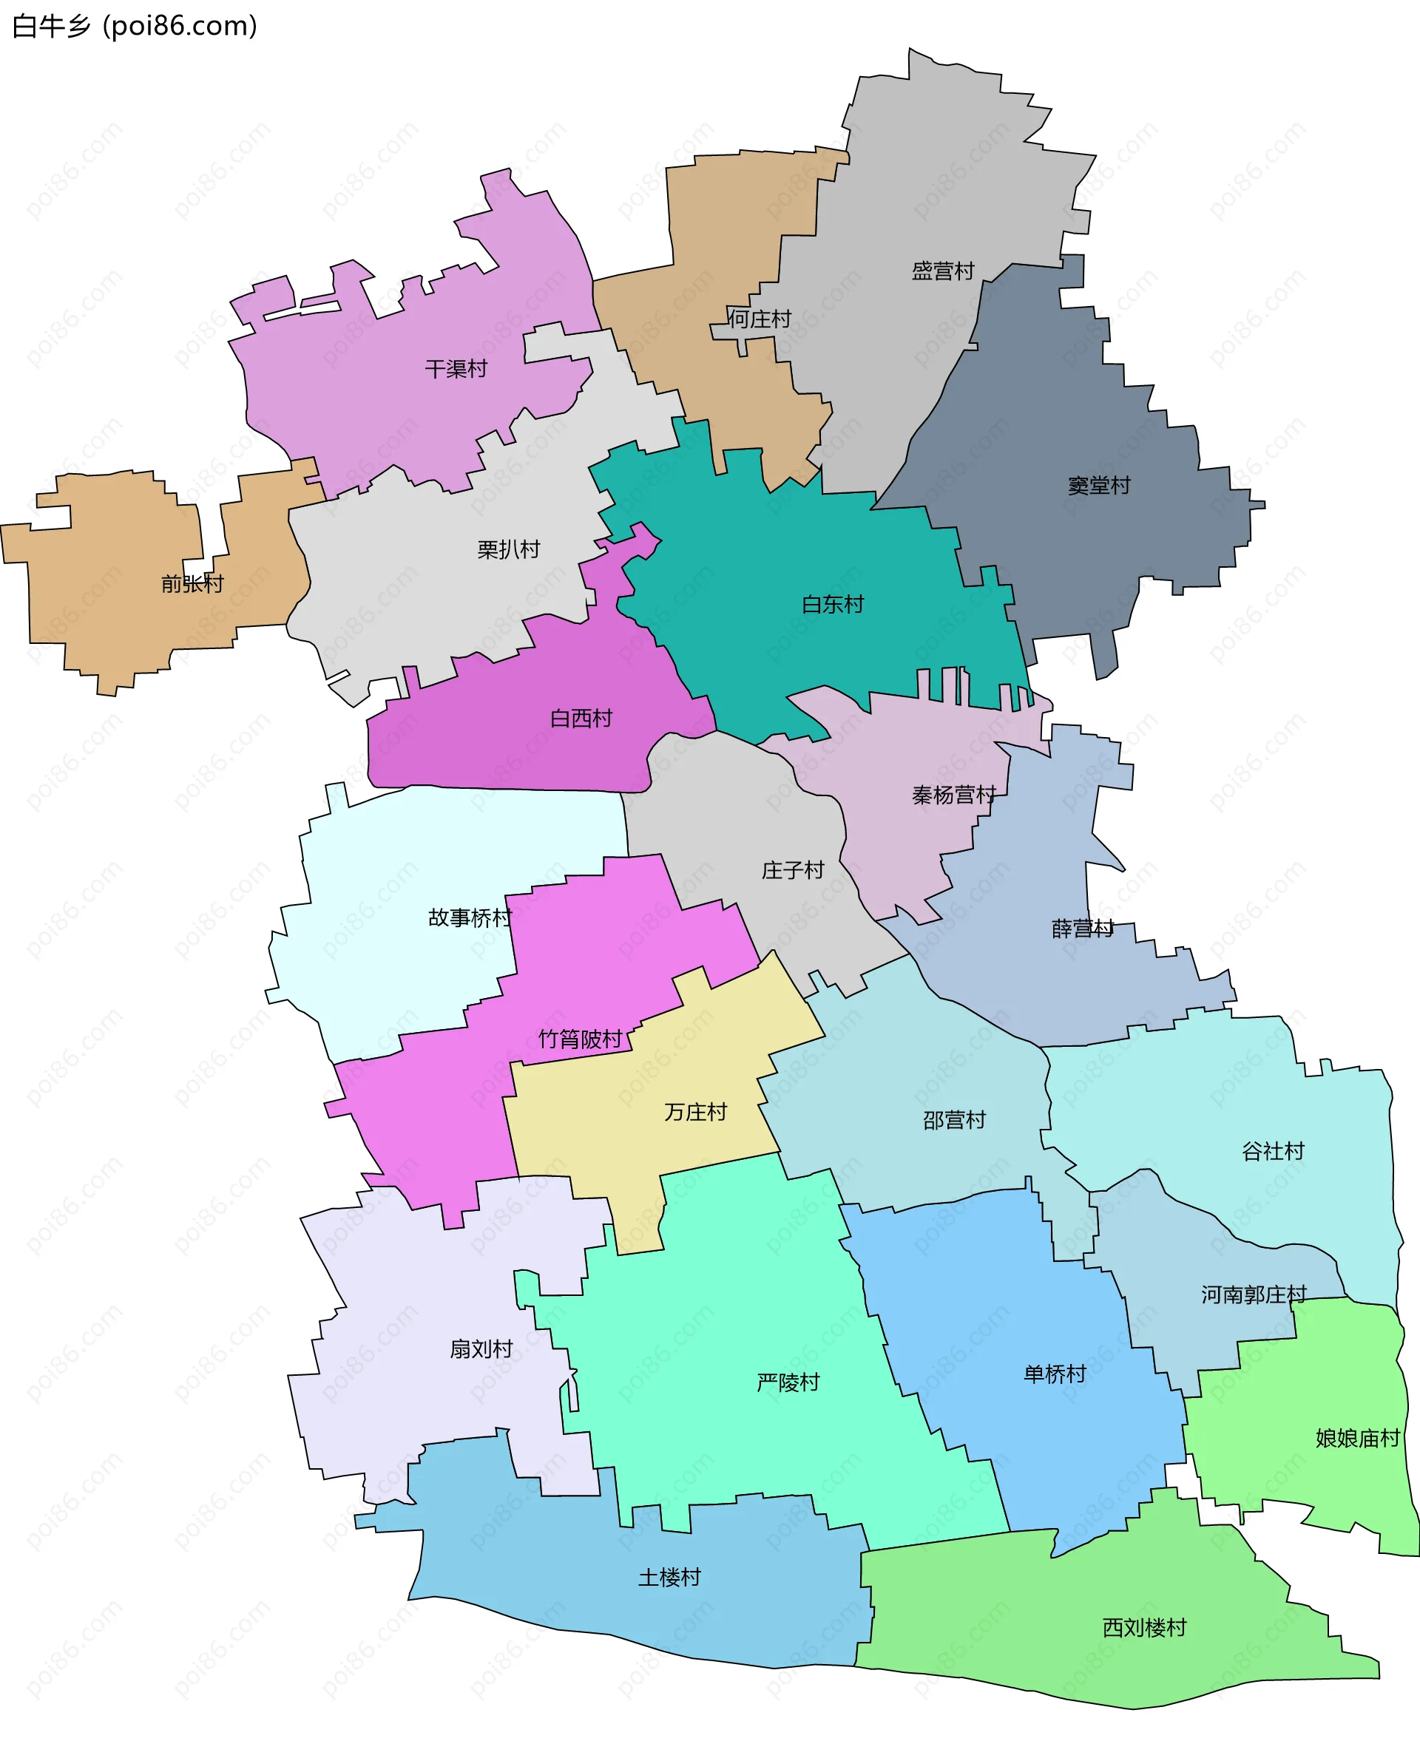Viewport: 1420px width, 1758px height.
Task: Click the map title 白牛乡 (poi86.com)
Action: pos(135,26)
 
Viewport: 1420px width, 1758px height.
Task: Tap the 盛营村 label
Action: pos(943,271)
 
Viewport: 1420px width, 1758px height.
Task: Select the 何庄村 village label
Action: pos(760,319)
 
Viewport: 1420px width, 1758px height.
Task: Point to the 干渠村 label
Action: pos(456,369)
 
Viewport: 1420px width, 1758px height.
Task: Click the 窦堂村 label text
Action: pos(1098,486)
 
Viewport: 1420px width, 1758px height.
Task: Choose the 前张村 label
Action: pos(192,584)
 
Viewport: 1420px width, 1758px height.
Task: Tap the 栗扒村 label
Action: pos(509,549)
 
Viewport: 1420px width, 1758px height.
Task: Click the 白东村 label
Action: pos(833,604)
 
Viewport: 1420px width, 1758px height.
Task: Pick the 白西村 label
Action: pos(581,718)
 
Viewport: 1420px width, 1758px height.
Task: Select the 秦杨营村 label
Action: pos(954,795)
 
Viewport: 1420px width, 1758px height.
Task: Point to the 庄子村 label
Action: pos(793,870)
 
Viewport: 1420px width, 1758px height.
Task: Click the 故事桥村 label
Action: pos(470,917)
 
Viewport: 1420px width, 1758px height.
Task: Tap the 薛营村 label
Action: pos(1082,929)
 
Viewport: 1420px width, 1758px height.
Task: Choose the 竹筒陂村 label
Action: pos(581,1039)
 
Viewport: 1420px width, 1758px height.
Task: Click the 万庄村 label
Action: pos(695,1112)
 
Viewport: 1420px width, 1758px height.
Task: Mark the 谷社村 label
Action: pos(1273,1151)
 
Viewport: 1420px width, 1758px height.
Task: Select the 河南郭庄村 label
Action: pos(1253,1294)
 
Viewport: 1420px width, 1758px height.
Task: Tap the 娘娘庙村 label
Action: pos(1357,1439)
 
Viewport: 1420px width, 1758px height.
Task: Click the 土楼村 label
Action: pos(669,1578)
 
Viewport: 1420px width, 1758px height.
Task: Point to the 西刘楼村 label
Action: pos(1143,1628)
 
